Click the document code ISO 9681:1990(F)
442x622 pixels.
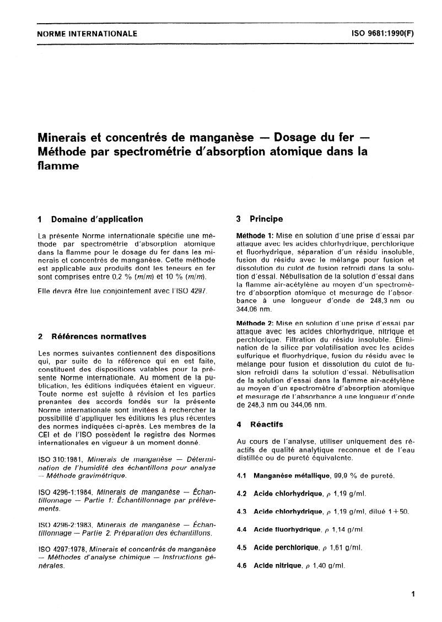point(382,34)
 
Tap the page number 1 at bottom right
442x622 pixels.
point(412,594)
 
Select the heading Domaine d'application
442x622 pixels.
point(96,219)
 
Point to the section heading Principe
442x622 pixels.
point(266,219)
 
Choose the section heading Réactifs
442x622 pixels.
point(267,425)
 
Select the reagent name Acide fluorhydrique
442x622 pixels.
point(287,530)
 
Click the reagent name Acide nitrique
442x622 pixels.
point(278,566)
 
